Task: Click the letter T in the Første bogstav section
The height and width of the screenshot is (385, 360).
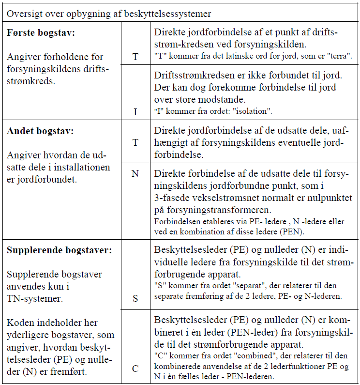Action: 135,57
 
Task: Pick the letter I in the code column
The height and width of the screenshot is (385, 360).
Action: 135,112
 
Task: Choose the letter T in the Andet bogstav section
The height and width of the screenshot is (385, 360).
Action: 135,142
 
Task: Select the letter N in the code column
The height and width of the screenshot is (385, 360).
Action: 135,173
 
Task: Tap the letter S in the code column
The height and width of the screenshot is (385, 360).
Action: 135,298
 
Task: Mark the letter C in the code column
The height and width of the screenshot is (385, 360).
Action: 135,369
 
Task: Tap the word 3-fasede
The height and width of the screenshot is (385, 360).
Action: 173,199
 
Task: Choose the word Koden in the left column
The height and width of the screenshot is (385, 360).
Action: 20,323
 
